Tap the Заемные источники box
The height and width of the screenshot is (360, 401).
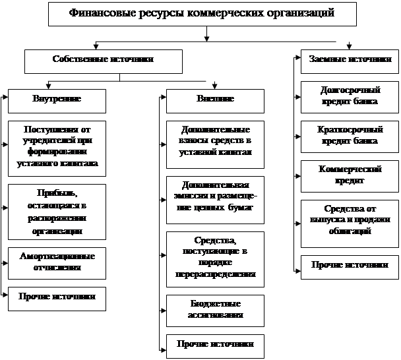coord(350,60)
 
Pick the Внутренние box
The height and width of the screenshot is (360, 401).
coord(57,100)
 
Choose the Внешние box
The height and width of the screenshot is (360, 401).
coord(215,100)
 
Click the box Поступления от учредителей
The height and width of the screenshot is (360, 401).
coord(57,148)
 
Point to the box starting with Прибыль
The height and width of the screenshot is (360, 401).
coord(57,211)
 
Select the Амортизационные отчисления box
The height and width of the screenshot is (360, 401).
coord(57,262)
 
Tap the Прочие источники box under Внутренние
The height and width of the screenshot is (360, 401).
coord(57,298)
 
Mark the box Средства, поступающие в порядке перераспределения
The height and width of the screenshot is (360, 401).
coord(215,258)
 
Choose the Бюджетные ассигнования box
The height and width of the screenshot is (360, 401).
coord(215,310)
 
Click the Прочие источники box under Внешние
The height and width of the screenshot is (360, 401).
coord(215,345)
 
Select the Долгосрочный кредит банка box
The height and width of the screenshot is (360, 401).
coord(350,96)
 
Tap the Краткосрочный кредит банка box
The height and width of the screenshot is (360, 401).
coord(350,136)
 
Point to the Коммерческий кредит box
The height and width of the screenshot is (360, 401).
coord(350,175)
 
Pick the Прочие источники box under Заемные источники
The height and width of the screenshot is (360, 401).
coord(350,266)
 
